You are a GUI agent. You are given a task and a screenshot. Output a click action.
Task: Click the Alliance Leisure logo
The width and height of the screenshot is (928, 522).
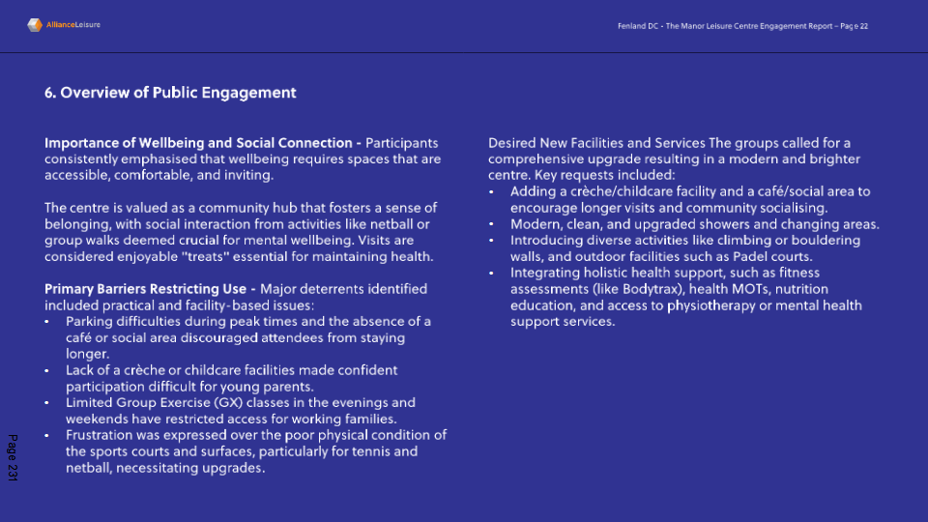(63, 25)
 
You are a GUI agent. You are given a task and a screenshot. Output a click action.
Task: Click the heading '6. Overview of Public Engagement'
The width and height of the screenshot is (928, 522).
(170, 93)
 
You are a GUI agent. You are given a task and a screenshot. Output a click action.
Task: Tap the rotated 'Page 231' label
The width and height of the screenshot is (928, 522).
(13, 459)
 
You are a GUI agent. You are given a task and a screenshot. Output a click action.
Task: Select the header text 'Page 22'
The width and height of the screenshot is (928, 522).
(855, 26)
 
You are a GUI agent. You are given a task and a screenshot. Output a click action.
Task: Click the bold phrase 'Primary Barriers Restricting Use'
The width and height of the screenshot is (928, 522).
(145, 289)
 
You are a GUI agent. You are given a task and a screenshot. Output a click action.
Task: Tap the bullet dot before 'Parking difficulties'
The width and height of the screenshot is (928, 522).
(47, 322)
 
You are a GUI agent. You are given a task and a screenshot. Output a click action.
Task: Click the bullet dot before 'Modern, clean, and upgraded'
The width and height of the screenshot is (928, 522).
(492, 224)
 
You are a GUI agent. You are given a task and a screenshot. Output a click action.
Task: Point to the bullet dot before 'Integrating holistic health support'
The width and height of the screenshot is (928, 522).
(492, 274)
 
